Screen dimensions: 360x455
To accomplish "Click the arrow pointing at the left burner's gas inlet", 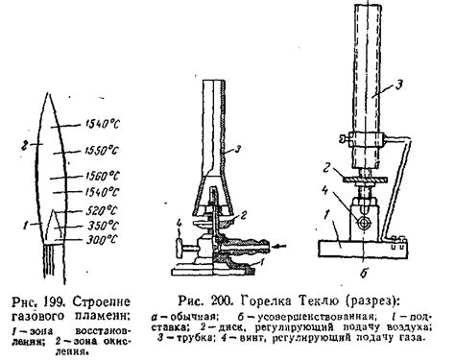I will [279, 246].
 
